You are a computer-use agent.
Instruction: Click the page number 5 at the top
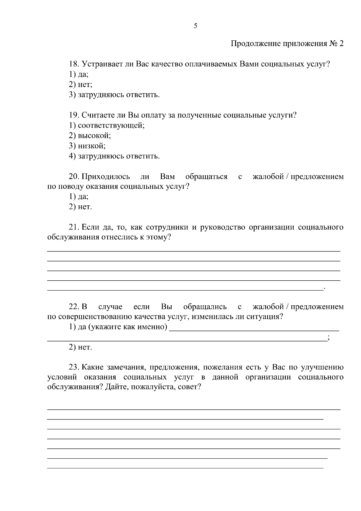[x=196, y=26]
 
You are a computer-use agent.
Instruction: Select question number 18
[x=74, y=64]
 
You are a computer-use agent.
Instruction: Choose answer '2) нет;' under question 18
[x=80, y=85]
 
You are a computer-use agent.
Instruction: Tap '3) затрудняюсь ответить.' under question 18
[x=114, y=95]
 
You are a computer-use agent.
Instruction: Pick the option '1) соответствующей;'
[x=107, y=126]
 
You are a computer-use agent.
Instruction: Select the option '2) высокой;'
[x=90, y=136]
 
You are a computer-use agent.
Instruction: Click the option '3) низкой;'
[x=87, y=146]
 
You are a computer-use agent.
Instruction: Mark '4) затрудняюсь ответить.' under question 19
[x=114, y=156]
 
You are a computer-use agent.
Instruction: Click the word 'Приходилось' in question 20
[x=106, y=177]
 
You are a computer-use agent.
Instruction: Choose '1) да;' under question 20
[x=79, y=197]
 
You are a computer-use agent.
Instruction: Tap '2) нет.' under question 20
[x=80, y=207]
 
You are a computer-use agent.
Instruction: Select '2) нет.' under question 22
[x=80, y=347]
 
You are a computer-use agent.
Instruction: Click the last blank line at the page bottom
[x=185, y=468]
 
